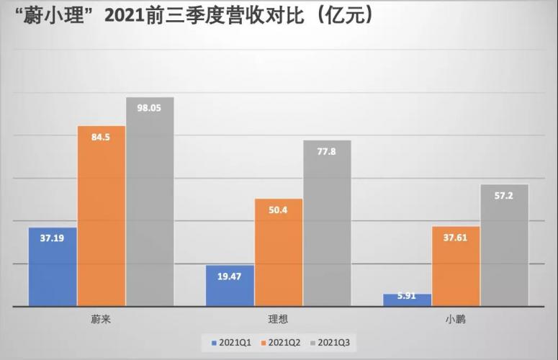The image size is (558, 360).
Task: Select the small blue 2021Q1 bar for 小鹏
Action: [408, 300]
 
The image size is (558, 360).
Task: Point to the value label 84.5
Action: [102, 137]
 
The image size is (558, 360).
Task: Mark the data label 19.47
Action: [230, 275]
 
